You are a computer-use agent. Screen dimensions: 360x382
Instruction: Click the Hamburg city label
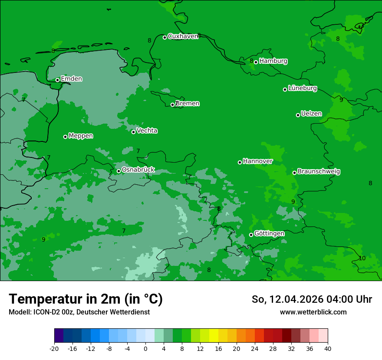273,61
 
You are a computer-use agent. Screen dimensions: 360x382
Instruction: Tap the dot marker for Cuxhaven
165,37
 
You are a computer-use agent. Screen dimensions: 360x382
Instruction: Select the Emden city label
71,79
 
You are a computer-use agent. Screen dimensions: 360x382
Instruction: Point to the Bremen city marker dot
172,105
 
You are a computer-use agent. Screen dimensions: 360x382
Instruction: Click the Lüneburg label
302,88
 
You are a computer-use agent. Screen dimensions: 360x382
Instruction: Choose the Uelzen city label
311,114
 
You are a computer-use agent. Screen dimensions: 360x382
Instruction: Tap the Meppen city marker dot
66,137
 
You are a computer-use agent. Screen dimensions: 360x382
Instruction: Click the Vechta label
147,131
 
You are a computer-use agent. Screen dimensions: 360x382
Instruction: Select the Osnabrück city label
138,170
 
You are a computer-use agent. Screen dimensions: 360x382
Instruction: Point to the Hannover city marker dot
240,162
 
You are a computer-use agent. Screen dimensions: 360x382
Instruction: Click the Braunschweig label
319,172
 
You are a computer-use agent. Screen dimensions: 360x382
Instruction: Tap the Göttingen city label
269,234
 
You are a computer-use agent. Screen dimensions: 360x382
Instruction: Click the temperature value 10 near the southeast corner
362,259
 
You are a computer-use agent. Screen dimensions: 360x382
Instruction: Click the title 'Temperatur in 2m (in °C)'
86,299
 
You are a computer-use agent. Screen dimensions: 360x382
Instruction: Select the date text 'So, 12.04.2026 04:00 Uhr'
312,300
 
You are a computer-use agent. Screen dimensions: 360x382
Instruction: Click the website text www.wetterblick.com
313,312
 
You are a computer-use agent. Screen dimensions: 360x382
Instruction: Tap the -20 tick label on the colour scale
54,349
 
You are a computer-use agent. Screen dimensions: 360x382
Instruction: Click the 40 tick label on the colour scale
328,349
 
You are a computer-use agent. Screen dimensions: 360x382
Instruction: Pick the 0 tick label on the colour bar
145,349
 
